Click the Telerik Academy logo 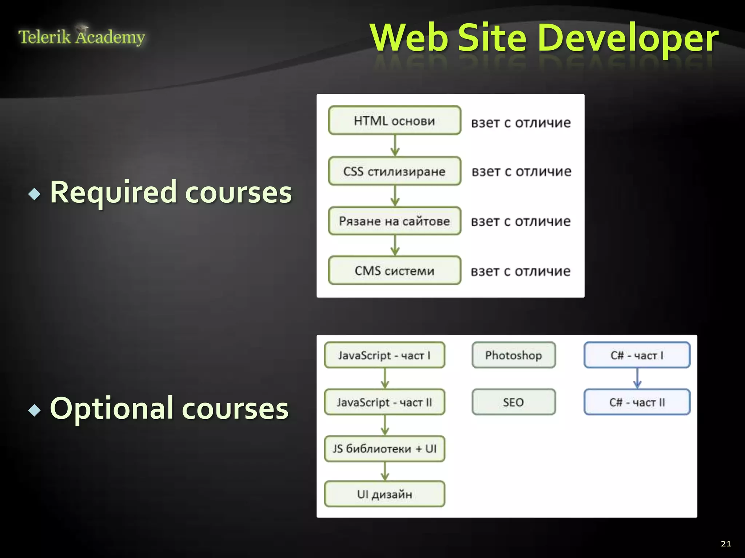(x=81, y=37)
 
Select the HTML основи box (x=395, y=121)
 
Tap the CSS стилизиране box (x=395, y=171)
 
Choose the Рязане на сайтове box (x=395, y=221)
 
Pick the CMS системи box (x=395, y=271)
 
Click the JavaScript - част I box (x=385, y=355)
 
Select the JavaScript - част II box (x=385, y=402)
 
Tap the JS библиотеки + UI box (x=385, y=449)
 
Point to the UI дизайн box (x=385, y=494)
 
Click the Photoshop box (x=514, y=355)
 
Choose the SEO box (x=514, y=402)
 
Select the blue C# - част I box (x=637, y=355)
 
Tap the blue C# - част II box (x=637, y=402)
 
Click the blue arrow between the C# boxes (x=637, y=379)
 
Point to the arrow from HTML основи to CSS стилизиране (x=395, y=145)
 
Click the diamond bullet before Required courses (x=35, y=194)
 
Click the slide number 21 (x=726, y=544)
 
